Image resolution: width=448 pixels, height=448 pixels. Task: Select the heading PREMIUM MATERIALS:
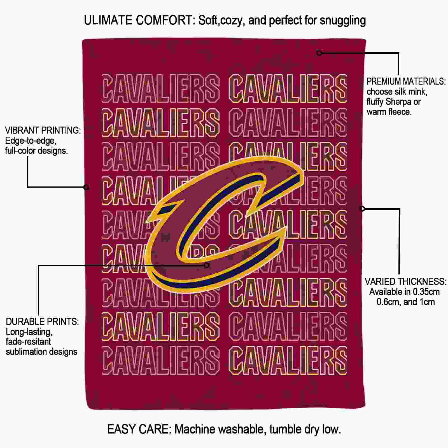406,81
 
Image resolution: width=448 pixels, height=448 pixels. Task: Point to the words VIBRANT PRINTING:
43,130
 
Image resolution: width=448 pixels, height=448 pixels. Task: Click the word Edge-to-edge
31,141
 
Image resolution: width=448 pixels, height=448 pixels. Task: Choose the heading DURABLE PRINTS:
42,321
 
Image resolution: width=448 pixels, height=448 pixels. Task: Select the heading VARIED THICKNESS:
405,281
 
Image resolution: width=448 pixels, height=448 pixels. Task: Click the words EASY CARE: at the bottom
139,429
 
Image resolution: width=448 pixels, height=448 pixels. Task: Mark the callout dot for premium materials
319,53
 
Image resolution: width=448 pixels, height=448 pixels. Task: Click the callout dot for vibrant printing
87,187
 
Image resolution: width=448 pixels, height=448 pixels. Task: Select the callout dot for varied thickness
362,209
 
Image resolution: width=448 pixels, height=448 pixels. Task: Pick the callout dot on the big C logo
207,265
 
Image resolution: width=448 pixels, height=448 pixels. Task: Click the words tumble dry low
305,430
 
